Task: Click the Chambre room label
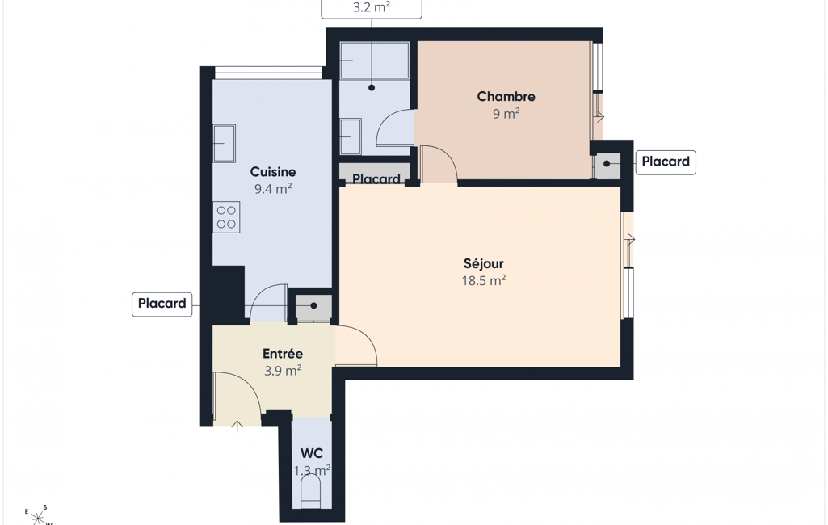(506, 97)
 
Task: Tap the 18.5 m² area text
(484, 280)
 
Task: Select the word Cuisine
(273, 172)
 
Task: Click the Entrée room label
(283, 353)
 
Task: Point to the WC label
(312, 454)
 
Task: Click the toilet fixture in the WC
(311, 492)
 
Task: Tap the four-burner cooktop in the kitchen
(226, 217)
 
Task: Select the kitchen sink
(225, 143)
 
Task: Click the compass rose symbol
(38, 517)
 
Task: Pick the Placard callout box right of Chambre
(666, 162)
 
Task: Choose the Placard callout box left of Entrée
(162, 304)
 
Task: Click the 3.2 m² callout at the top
(372, 8)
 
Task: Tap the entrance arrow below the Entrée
(237, 426)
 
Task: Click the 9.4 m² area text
(273, 188)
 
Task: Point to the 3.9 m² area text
(283, 370)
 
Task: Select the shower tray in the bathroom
(374, 61)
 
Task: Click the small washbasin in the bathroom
(351, 136)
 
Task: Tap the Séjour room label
(484, 263)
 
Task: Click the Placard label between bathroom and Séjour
(376, 179)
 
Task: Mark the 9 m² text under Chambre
(506, 114)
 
